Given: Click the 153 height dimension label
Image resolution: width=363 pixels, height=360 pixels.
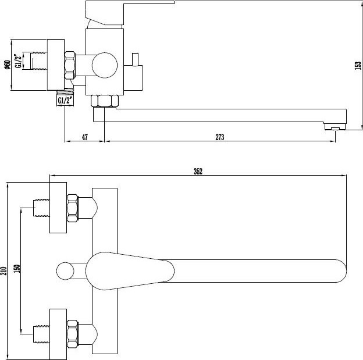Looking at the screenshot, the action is pos(358,65).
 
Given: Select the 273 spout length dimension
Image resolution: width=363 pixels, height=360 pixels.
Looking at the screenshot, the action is pos(220,137).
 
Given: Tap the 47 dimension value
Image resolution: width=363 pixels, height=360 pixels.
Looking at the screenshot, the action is pos(85,137).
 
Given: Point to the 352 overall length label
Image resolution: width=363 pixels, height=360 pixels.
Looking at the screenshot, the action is pos(198,172).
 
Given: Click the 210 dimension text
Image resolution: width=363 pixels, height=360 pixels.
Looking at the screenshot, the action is pos(4,271).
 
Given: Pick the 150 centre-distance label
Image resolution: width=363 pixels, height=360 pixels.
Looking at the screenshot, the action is pos(17,269).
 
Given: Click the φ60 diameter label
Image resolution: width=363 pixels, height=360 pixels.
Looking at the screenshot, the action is pos(7,65).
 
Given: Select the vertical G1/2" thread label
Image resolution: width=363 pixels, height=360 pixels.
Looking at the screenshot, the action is pos(18,61).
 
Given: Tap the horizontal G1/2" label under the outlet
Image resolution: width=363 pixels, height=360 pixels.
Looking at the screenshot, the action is pos(65,101).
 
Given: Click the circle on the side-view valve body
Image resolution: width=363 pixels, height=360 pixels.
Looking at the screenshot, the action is pos(105,65).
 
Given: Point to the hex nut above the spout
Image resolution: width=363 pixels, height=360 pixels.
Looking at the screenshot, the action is pos(105,101).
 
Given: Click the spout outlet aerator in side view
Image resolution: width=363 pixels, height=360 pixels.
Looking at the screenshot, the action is pos(335,127).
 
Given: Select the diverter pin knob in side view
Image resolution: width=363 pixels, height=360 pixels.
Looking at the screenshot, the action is pos(135,59).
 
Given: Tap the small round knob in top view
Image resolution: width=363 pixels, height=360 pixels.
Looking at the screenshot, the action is pos(65,271).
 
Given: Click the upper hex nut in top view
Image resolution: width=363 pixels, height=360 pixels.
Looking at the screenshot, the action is pos(73,208).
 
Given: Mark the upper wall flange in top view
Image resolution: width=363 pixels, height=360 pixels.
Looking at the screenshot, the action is pos(58,208).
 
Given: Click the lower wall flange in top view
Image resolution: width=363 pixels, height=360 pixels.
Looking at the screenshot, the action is pos(58,334).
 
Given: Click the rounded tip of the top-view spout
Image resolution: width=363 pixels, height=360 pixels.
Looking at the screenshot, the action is pos(343,271).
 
